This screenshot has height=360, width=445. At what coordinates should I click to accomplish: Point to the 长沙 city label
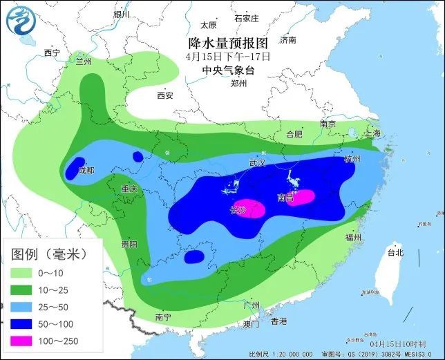point(238,209)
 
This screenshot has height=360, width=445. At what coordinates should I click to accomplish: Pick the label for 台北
point(395,253)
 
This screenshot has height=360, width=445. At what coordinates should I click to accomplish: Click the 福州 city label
point(353,237)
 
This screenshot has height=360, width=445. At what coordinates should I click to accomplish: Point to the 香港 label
point(278,321)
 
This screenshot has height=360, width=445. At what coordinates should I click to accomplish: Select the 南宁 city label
point(163,317)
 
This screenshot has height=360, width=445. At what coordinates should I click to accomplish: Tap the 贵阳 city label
point(129,244)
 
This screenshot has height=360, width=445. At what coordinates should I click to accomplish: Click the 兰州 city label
point(84,61)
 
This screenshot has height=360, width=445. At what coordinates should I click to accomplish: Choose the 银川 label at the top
point(122,14)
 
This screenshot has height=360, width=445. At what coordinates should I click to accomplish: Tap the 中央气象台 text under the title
point(227,70)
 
